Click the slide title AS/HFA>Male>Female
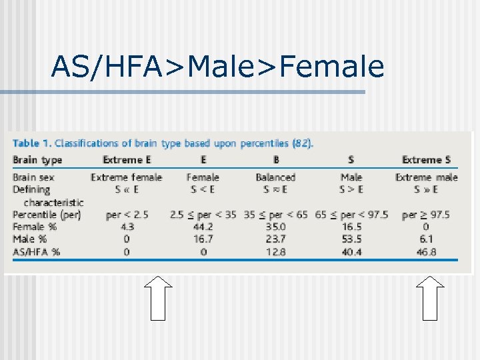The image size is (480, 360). pos(217,66)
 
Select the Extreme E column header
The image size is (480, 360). pos(127,160)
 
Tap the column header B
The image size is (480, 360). pos(276,160)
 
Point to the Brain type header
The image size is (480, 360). pos(37,160)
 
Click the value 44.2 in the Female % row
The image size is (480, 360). pos(203,227)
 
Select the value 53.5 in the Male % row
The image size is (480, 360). pos(351,239)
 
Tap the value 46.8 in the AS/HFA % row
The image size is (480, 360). pos(426,252)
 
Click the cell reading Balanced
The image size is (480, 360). pos(275,177)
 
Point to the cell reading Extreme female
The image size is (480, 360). pos(127,177)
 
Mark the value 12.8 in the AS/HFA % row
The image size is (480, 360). pos(275,252)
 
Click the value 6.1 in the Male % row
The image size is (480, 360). pos(426,239)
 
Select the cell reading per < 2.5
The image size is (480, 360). pos(127,215)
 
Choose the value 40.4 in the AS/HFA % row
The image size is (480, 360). pos(351,252)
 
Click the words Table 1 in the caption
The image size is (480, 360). pos(31,143)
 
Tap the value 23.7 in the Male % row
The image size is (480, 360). pos(275,239)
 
